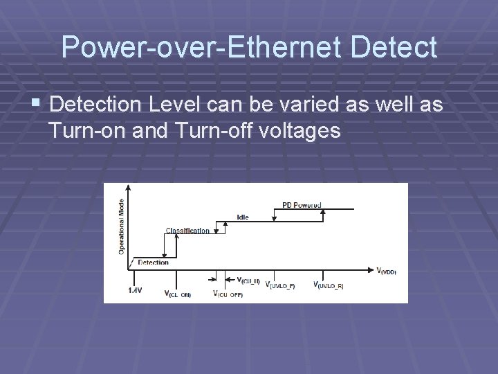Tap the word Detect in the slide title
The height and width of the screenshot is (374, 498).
pos(394,48)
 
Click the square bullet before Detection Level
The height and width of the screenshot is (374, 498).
pos(36,105)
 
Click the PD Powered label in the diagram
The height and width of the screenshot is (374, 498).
pos(302,205)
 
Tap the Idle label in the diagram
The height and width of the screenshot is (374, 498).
pos(243,217)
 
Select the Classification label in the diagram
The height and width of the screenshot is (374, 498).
pos(187,231)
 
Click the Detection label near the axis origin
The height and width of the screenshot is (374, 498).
pos(153,262)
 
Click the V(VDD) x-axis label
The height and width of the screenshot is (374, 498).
pos(386,271)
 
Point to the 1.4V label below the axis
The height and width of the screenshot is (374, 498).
pos(135,290)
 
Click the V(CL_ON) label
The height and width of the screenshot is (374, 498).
pos(178,294)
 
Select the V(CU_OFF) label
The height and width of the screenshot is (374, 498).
pos(228,294)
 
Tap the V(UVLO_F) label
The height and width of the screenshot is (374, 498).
pos(281,285)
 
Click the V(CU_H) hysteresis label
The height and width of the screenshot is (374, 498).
pos(248,280)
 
